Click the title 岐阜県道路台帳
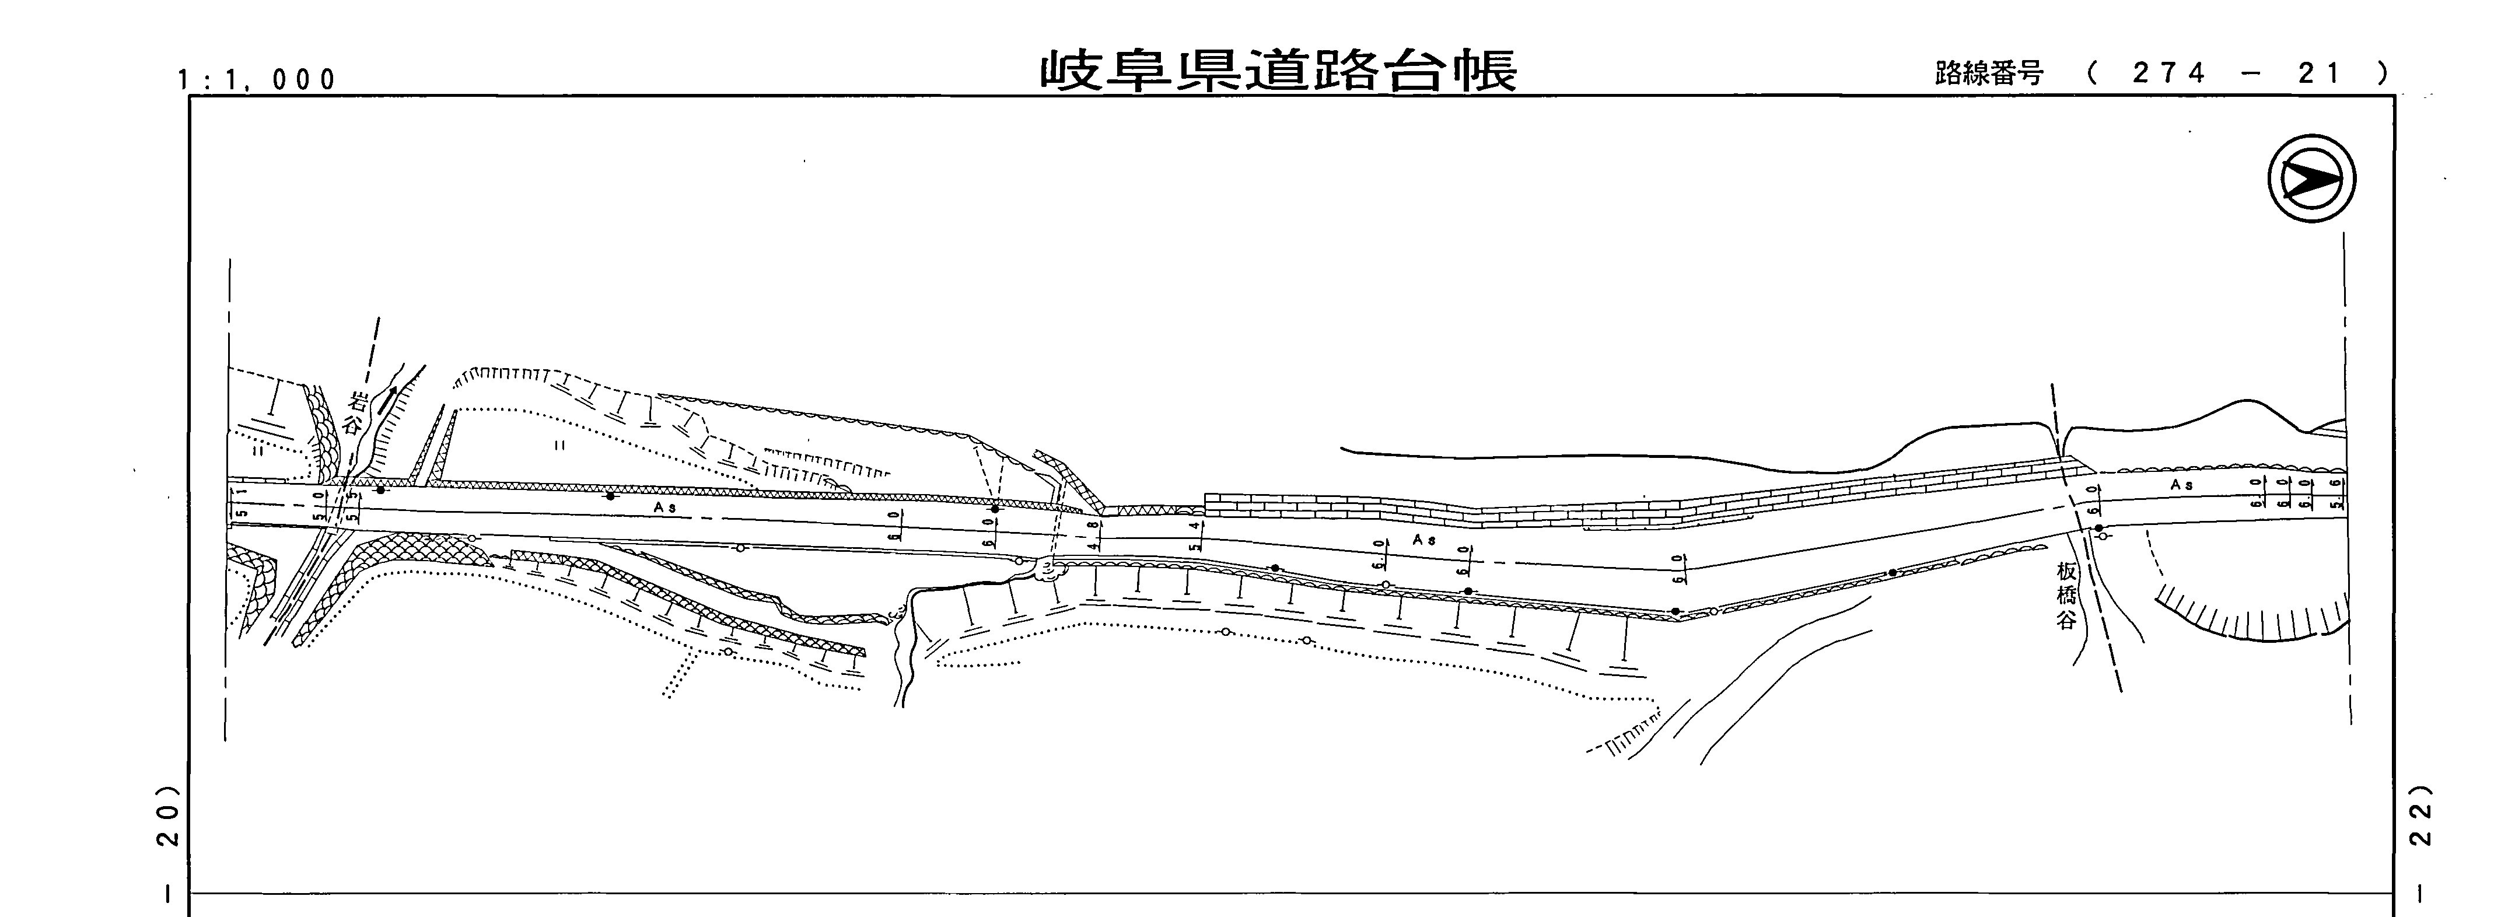pyautogui.click(x=1278, y=71)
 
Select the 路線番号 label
pyautogui.click(x=1988, y=73)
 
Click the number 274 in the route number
pyautogui.click(x=2168, y=73)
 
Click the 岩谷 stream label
pyautogui.click(x=357, y=414)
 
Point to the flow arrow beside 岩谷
pyautogui.click(x=387, y=399)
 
